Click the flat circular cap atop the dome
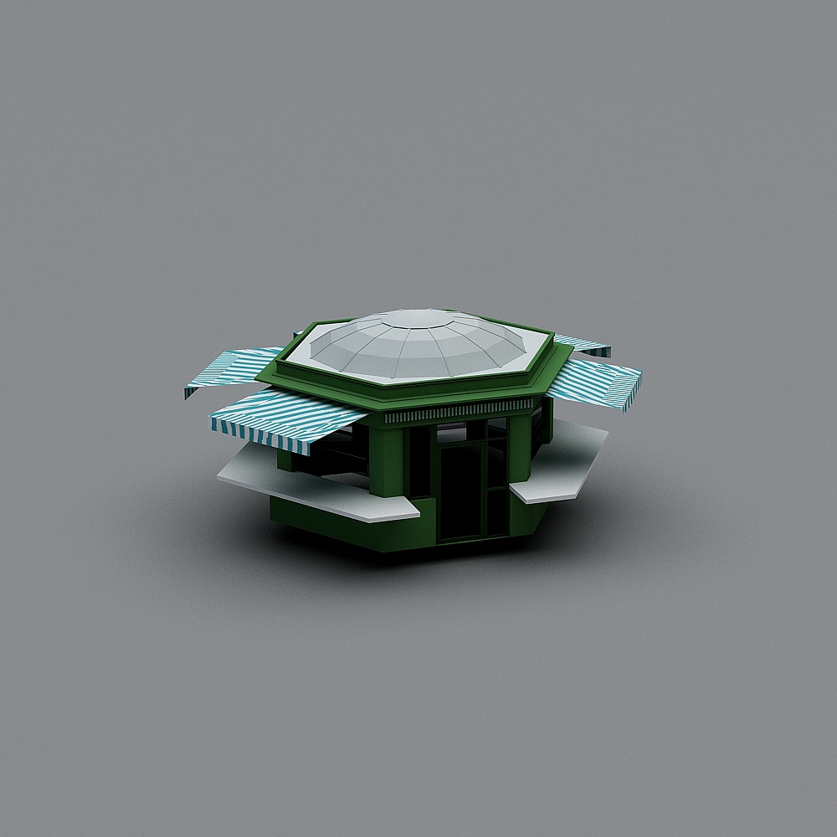(x=417, y=318)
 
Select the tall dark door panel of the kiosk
(x=459, y=494)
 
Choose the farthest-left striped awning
(x=230, y=368)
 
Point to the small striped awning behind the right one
(x=582, y=342)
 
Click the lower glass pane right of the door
(x=496, y=511)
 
